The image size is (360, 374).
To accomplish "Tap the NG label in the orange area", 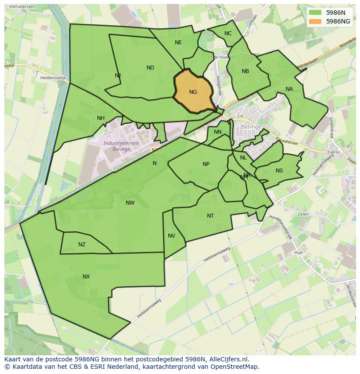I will [x=193, y=92].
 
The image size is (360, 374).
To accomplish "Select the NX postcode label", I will [x=86, y=277].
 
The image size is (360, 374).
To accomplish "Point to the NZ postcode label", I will [x=82, y=245].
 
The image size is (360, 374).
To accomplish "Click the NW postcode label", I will [x=130, y=203].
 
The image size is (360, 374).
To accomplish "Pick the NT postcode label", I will [x=210, y=216].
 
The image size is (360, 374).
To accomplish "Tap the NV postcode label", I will [x=171, y=236].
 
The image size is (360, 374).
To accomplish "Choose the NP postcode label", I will [x=206, y=164].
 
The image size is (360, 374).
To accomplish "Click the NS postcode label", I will [x=279, y=171].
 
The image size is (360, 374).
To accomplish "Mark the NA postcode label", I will [x=289, y=89].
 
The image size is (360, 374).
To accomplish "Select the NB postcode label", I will [x=245, y=71].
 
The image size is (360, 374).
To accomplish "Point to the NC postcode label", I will [x=228, y=33].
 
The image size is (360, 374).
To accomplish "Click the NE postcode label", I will [x=178, y=43].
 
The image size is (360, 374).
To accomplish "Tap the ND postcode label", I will [x=150, y=68].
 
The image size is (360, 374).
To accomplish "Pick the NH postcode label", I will [x=101, y=118].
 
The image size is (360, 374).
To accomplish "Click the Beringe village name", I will [x=251, y=127].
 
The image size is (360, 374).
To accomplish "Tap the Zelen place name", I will [x=303, y=214].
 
